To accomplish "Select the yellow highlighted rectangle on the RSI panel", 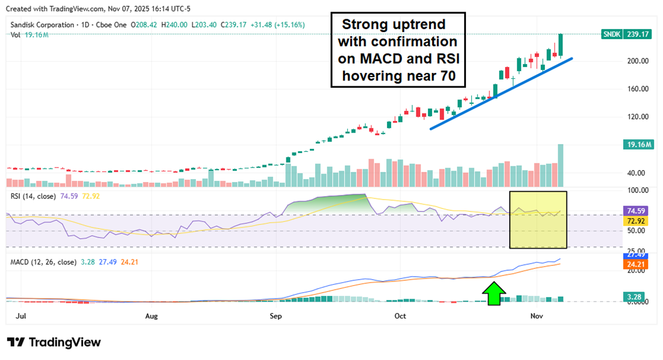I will [x=538, y=219].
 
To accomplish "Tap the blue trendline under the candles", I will [x=500, y=93].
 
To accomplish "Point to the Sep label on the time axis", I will [x=275, y=315].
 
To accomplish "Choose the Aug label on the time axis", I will [x=151, y=315].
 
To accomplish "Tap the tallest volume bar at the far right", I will [x=561, y=165].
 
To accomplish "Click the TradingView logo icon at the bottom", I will [x=16, y=342].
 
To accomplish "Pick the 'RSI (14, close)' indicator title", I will [x=34, y=196].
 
